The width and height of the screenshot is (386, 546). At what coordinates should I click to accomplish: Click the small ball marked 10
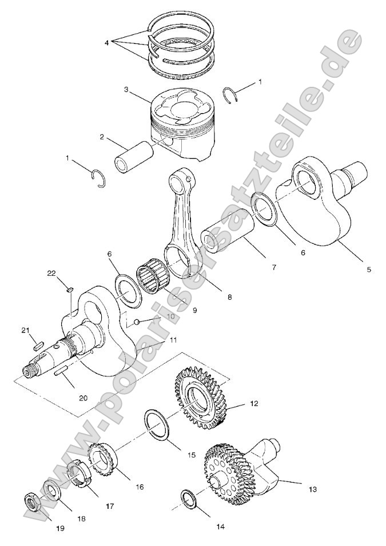137,323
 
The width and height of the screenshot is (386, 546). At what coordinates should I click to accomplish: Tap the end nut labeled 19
32,502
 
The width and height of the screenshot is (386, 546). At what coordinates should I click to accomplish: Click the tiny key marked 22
69,289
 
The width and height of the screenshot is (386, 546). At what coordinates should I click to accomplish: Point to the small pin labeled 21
38,344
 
